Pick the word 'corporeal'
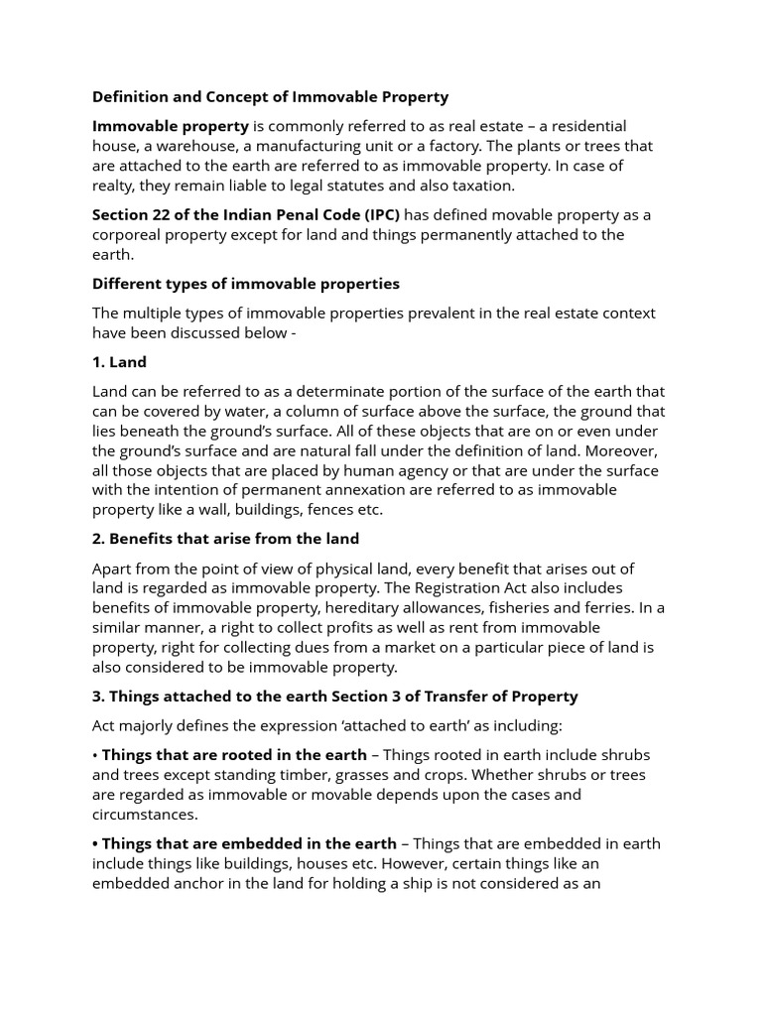(x=127, y=235)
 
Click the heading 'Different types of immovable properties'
(x=245, y=284)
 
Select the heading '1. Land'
(x=119, y=362)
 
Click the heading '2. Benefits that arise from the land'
(x=225, y=539)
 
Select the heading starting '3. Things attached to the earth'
(x=334, y=697)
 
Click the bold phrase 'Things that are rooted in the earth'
(x=234, y=755)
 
